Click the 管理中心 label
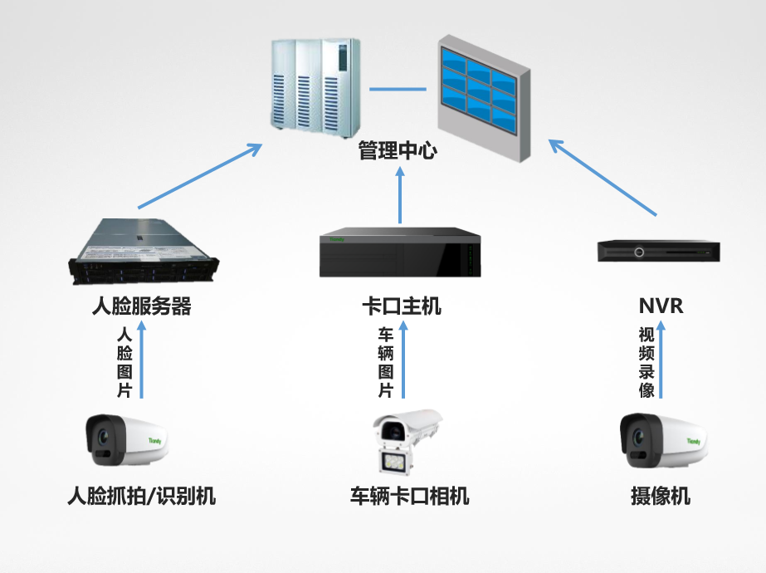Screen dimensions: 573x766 pos(397,151)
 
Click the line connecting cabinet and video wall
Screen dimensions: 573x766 pos(398,88)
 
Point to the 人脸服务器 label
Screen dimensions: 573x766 pos(141,306)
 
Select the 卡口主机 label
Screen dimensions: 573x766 pos(402,306)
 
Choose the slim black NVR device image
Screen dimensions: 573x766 pos(659,251)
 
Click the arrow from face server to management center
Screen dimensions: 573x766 pos(200,176)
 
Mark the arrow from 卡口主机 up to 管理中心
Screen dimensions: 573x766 pos(400,195)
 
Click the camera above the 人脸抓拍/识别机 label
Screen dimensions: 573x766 pos(127,440)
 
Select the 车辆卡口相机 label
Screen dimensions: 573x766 pos(409,497)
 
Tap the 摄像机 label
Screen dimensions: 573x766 pos(661,497)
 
